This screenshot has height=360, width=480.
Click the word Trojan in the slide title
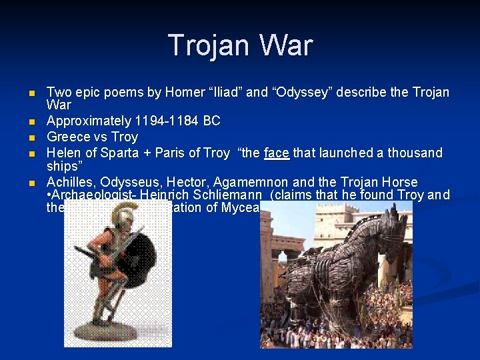[x=212, y=45]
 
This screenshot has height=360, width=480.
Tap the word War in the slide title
[x=288, y=45]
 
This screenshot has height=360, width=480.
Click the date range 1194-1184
[x=167, y=121]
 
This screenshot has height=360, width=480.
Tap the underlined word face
[x=276, y=153]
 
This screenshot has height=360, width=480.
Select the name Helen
[x=63, y=153]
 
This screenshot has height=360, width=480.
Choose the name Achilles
[x=69, y=182]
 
